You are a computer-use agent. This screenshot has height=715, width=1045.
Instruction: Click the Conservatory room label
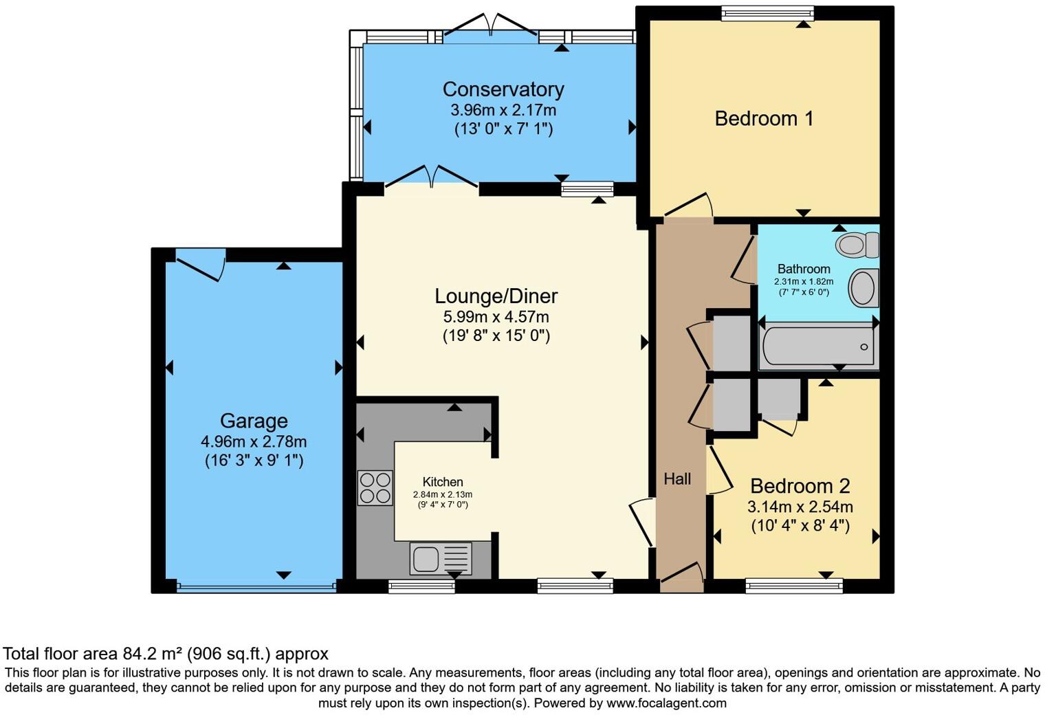pos(503,89)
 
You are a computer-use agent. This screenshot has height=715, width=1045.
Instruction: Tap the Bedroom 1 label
pos(764,118)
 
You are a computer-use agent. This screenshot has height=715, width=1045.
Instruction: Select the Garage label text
pos(254,421)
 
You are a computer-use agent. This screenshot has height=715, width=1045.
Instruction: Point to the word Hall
pos(677,478)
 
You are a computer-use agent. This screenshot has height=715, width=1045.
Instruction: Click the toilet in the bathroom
pos(857,244)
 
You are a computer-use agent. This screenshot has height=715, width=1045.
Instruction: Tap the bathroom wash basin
pos(863,287)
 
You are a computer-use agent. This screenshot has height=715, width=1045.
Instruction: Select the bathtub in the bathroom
pos(818,346)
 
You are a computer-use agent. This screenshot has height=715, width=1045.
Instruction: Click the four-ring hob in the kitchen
pos(375,488)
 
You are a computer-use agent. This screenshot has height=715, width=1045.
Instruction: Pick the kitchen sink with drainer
pos(441,558)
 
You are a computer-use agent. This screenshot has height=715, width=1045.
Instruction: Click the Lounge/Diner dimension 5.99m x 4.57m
pos(496,317)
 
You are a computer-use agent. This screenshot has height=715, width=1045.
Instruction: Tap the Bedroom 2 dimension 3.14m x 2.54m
pos(800,507)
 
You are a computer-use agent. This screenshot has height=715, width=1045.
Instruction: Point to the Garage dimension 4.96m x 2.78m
pos(254,441)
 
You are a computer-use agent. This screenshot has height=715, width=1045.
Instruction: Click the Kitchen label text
pos(443,482)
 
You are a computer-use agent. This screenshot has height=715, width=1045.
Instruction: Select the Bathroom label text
pos(804,269)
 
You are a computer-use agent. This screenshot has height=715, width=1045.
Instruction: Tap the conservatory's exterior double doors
pos(491,25)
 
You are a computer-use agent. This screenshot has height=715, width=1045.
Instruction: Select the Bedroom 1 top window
pos(767,14)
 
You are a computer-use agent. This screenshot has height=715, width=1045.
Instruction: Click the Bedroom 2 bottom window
pos(794,585)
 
